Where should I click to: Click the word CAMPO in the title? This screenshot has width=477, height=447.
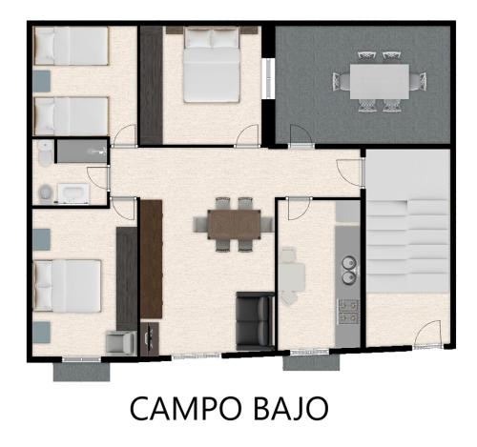185,408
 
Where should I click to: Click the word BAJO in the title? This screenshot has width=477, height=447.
290,408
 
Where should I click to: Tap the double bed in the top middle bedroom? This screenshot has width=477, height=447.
212,65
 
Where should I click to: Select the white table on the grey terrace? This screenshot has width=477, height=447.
380,82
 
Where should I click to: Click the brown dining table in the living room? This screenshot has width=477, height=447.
235,224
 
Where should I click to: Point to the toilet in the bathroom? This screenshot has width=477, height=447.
46,153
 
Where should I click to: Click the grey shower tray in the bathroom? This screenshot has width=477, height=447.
82,152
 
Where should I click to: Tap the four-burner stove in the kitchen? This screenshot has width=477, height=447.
348,312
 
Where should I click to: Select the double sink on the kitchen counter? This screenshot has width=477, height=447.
349,270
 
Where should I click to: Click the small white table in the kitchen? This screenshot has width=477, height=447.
292,277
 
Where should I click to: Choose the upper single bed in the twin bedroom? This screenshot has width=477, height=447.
72,46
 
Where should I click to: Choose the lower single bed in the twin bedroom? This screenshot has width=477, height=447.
72,116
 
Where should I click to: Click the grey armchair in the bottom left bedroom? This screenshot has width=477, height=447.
120,343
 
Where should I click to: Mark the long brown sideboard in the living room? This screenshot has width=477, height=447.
152,259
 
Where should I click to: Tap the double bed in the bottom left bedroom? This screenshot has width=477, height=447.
68,286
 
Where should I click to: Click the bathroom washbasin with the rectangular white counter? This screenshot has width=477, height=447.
73,193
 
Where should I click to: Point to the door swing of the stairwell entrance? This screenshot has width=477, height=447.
428,334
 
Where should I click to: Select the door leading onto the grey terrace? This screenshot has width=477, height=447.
301,136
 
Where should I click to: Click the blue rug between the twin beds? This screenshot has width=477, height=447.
41,81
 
